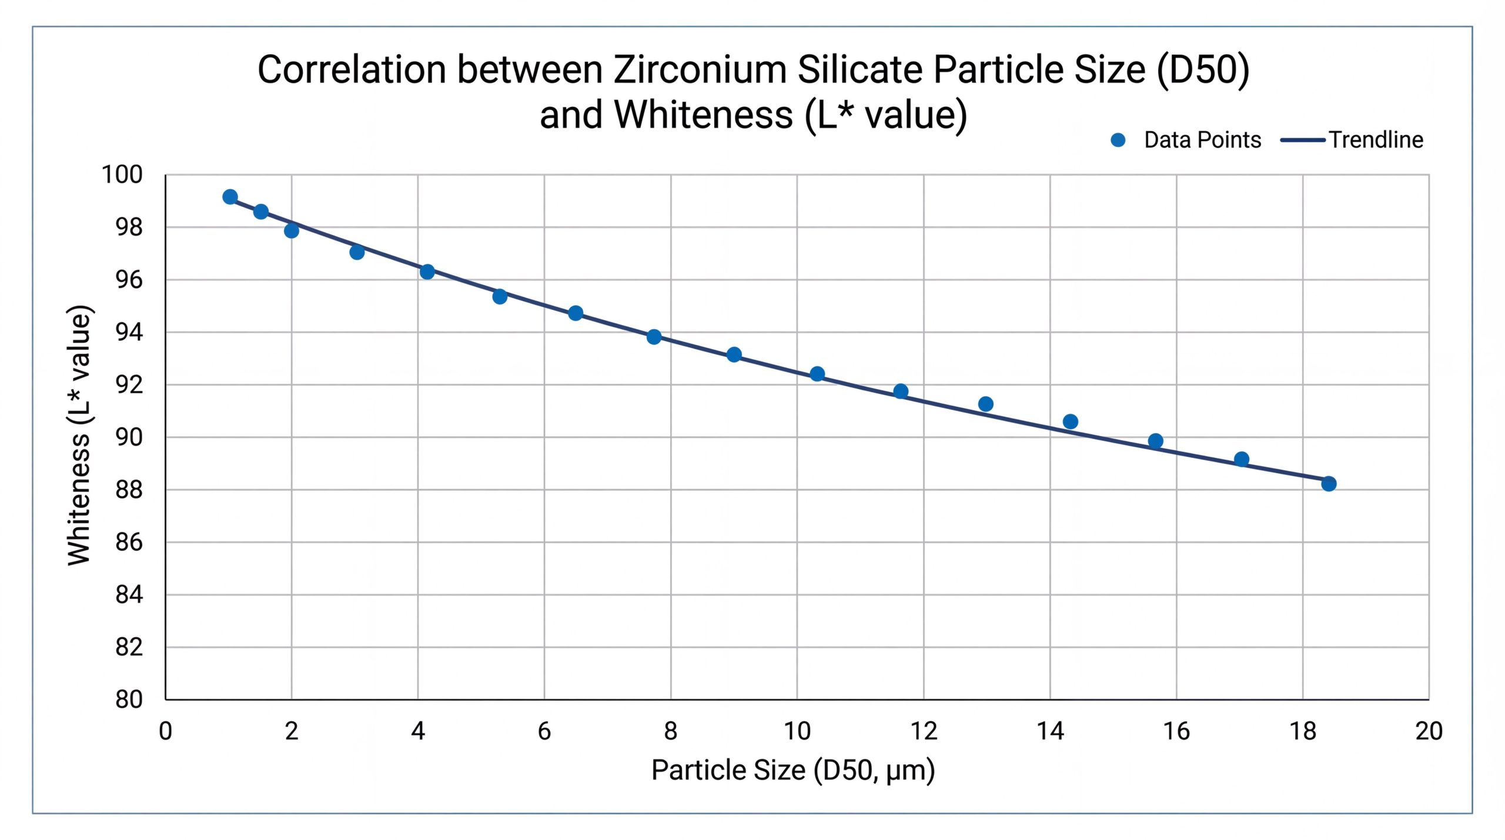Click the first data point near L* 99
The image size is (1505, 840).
click(x=230, y=197)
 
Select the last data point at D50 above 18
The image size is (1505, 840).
click(x=1329, y=484)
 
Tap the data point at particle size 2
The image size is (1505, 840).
click(x=292, y=230)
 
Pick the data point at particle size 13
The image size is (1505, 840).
click(x=986, y=404)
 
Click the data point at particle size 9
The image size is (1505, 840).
click(x=734, y=354)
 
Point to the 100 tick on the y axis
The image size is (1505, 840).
click(x=122, y=175)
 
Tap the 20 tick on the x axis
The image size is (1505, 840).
click(x=1429, y=731)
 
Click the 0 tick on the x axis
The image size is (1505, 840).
click(x=166, y=731)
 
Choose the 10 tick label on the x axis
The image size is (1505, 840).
click(x=797, y=731)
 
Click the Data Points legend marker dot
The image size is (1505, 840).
click(x=1118, y=140)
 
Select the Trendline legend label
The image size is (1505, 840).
click(x=1376, y=140)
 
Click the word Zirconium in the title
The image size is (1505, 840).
click(x=700, y=70)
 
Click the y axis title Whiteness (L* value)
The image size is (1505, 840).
click(x=80, y=436)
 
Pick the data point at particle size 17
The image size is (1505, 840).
click(x=1242, y=459)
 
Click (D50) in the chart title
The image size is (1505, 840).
click(x=1203, y=70)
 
